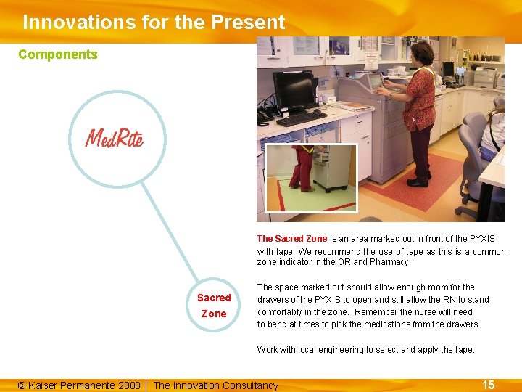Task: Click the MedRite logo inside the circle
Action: pos(115,137)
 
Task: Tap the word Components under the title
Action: pos(58,54)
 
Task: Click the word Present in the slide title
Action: pos(248,23)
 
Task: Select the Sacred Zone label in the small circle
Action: pos(214,306)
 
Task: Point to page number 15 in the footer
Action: pos(489,385)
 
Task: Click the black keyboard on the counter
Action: pos(302,118)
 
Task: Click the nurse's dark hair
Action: pos(423,52)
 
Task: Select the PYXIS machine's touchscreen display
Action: pos(375,81)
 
